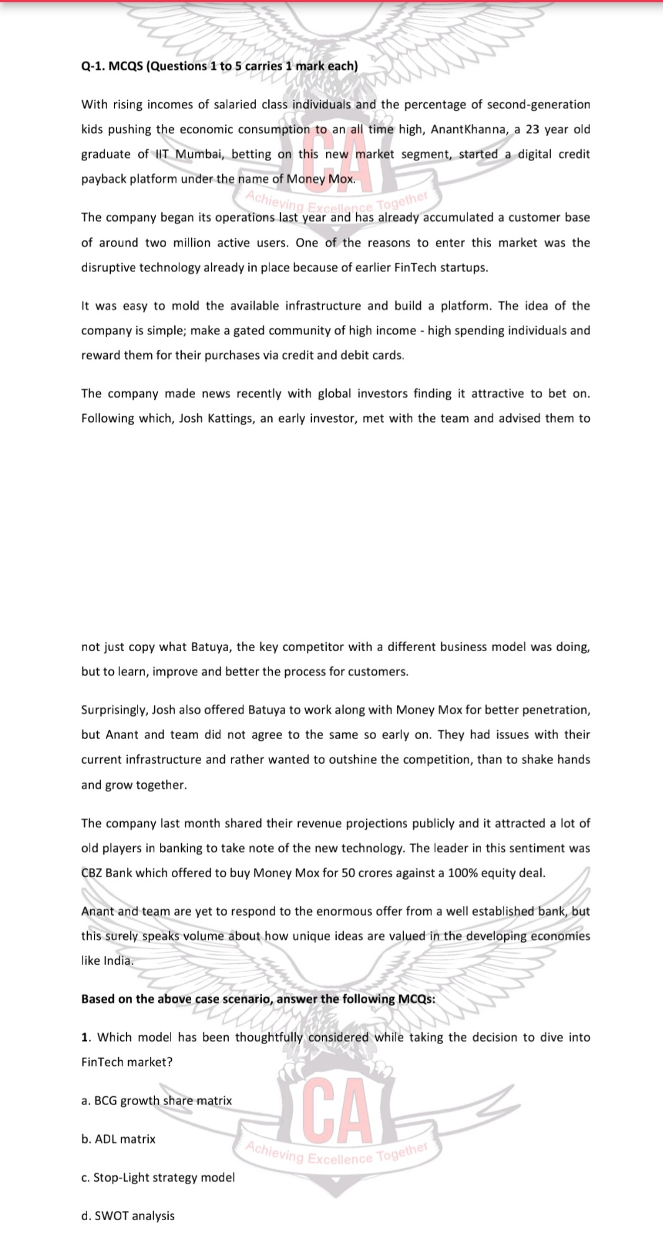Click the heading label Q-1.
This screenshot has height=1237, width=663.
point(93,66)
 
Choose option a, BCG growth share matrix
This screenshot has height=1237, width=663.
point(156,1101)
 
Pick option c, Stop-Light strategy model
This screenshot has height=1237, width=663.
point(158,1178)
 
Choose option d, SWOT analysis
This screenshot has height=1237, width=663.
point(128,1216)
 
